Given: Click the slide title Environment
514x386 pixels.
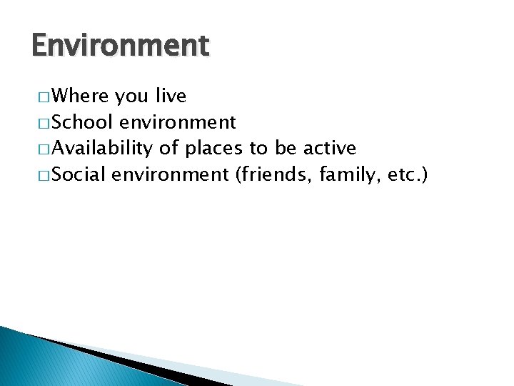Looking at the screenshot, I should [x=121, y=46].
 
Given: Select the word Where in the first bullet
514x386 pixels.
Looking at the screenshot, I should [x=79, y=96].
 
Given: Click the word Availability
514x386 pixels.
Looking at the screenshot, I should [x=102, y=148].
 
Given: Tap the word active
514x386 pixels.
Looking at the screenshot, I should [x=329, y=148].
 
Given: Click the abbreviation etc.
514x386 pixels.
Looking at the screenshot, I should [x=403, y=174].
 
